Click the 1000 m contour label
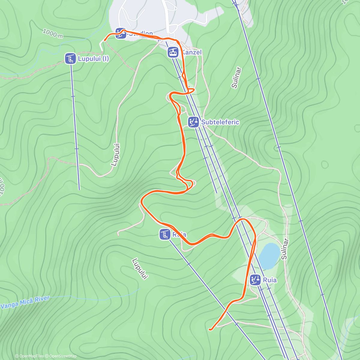click(52, 33)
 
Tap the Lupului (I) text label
click(93, 59)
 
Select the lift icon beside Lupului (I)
click(70, 58)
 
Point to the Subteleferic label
click(220, 122)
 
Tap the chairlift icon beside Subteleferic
click(193, 122)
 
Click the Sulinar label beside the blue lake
click(284, 249)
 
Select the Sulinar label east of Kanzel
click(236, 78)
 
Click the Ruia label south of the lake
click(270, 280)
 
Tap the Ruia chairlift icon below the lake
click(255, 280)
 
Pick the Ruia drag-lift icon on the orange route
click(165, 234)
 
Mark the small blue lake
click(269, 256)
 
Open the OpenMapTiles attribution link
click(29, 356)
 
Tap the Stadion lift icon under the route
click(121, 34)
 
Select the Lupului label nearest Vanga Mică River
click(140, 268)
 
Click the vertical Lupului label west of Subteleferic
click(115, 154)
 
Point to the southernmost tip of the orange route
click(210, 329)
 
